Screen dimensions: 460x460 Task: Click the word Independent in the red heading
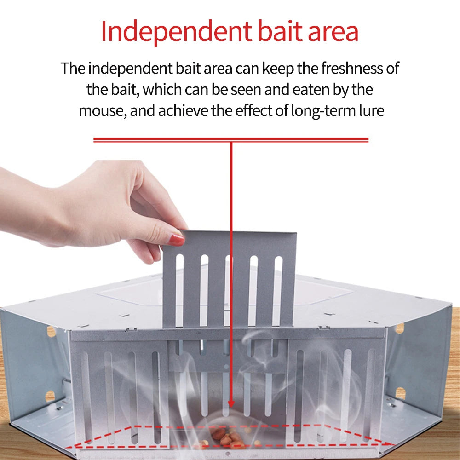[174, 31]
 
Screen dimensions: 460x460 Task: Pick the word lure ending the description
[370, 111]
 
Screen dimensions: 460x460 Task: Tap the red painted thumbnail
[176, 239]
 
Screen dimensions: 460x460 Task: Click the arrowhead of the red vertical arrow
[231, 404]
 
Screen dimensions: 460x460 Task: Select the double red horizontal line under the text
[231, 139]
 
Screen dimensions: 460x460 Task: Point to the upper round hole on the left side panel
[51, 332]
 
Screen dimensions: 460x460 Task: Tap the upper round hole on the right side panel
[399, 328]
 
